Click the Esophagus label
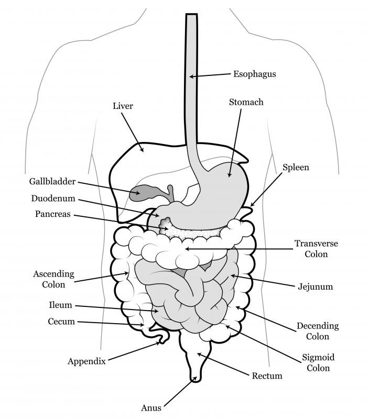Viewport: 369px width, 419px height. [255, 74]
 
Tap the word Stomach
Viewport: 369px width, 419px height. [246, 102]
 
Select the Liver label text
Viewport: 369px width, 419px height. [123, 106]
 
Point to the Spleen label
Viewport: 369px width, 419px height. [296, 168]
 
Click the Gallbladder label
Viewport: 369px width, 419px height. [52, 181]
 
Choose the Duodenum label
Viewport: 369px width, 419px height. [53, 199]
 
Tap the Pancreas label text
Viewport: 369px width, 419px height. [53, 214]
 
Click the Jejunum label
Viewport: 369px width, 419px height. [316, 287]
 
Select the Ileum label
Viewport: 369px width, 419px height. [60, 305]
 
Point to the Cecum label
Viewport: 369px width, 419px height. [61, 322]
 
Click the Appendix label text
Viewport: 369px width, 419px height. [86, 361]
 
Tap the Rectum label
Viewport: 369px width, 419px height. [267, 376]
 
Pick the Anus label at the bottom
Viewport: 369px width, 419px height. [151, 408]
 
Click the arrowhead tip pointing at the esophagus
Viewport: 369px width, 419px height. [190, 77]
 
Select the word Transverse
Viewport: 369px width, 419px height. [317, 244]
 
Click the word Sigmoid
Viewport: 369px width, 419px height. [318, 358]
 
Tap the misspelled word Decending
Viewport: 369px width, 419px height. [318, 326]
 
